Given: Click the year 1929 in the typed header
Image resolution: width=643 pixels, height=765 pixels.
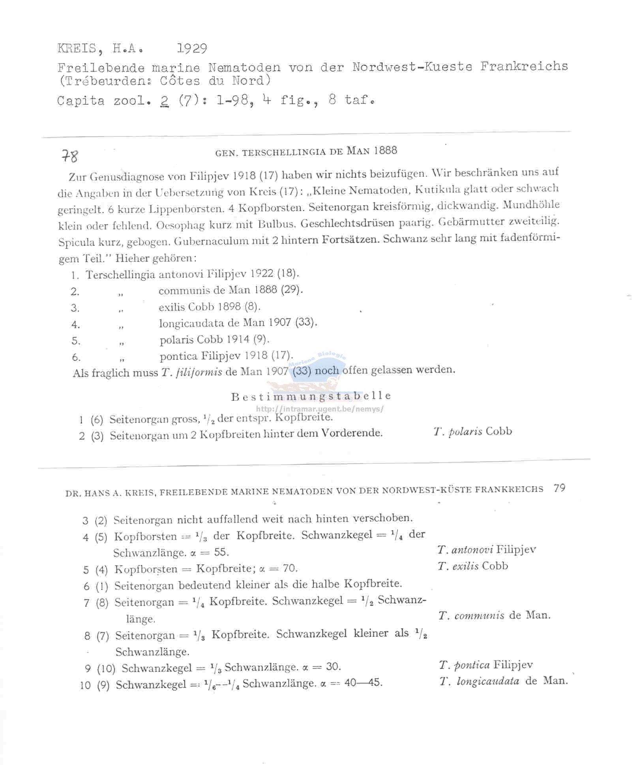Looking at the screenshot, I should click(x=192, y=49).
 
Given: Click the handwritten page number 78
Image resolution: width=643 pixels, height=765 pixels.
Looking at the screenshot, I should click(x=70, y=157).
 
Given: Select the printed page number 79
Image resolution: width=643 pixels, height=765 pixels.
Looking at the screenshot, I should click(x=559, y=488).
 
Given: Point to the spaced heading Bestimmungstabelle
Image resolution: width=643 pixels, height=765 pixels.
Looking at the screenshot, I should click(x=311, y=396).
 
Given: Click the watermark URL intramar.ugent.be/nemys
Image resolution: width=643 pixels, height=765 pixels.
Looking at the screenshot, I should click(x=320, y=409).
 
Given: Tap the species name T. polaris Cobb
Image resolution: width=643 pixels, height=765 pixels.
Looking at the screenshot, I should click(x=472, y=431).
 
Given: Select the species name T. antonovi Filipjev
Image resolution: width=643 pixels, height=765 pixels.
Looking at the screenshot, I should click(x=487, y=550).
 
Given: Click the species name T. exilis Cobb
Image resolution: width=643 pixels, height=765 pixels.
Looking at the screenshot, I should click(x=472, y=566).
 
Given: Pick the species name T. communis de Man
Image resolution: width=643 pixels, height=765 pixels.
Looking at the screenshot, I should click(x=494, y=615).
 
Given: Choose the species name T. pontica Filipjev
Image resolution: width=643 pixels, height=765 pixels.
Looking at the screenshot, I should click(x=486, y=665).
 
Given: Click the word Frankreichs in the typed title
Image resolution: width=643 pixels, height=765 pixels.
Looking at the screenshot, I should click(x=524, y=66).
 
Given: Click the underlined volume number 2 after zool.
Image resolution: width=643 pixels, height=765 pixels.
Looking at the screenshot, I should click(x=165, y=101).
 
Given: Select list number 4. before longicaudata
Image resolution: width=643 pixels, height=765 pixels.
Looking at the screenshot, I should click(x=75, y=325).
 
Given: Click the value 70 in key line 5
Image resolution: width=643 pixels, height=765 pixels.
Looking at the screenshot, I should click(x=290, y=568).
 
